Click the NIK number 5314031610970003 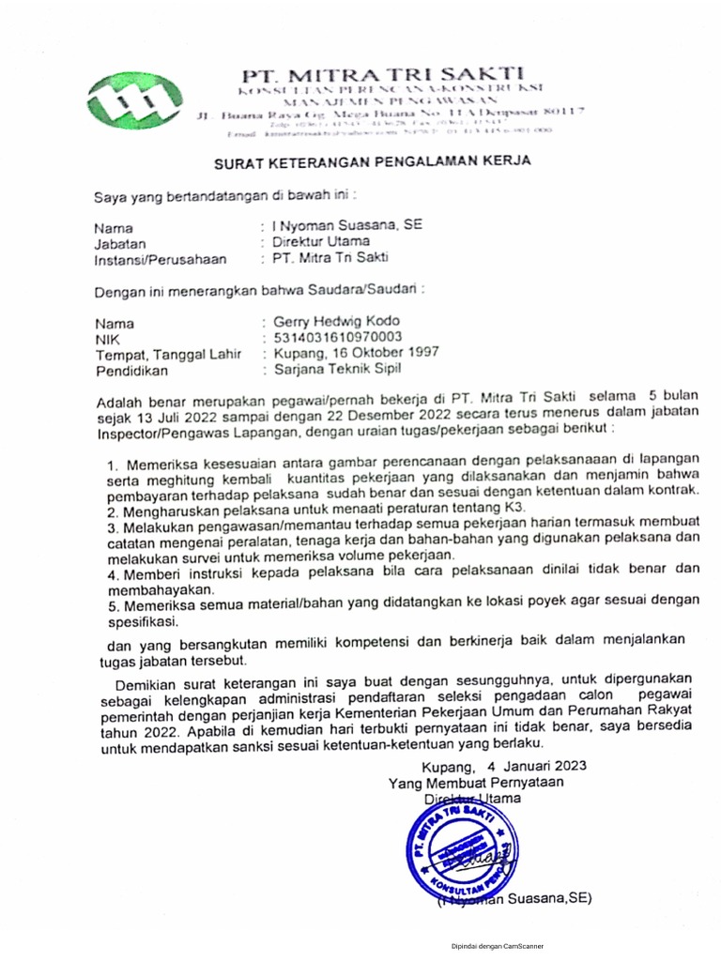pos(337,336)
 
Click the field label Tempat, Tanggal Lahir pos(168,354)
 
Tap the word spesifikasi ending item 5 pos(144,620)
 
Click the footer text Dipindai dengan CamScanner pos(497,947)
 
